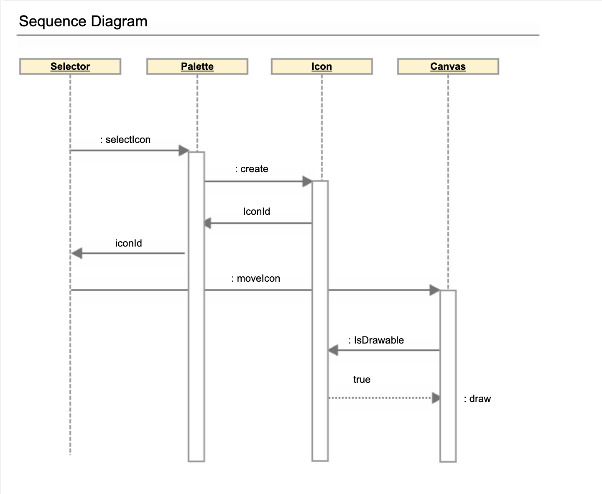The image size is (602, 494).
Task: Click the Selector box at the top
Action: [x=70, y=66]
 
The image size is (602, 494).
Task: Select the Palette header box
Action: [x=197, y=66]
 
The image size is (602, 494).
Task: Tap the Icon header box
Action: [x=321, y=66]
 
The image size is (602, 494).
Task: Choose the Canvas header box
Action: [x=448, y=66]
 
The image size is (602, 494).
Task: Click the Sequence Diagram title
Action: [x=83, y=21]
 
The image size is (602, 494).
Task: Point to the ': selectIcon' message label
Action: [x=125, y=140]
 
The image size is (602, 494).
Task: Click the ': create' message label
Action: [x=252, y=169]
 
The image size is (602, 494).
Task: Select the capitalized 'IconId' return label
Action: [x=256, y=211]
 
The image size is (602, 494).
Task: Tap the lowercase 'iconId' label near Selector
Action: [x=128, y=243]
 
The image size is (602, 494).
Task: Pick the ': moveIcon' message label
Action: [x=255, y=278]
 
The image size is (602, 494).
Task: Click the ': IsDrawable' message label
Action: [x=376, y=340]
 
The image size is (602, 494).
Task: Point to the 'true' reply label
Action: [x=362, y=379]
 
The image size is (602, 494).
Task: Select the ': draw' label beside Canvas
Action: [x=477, y=399]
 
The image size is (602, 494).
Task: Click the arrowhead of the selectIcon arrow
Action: [x=184, y=150]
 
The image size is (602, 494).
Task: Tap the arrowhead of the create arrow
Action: [x=307, y=181]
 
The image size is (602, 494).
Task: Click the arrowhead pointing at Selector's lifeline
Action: [x=77, y=253]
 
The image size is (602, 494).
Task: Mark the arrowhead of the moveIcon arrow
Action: [x=435, y=290]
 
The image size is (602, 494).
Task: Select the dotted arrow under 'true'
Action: [x=380, y=398]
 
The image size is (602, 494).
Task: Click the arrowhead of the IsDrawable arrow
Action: [x=333, y=350]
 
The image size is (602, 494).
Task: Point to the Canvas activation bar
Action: [x=448, y=376]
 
